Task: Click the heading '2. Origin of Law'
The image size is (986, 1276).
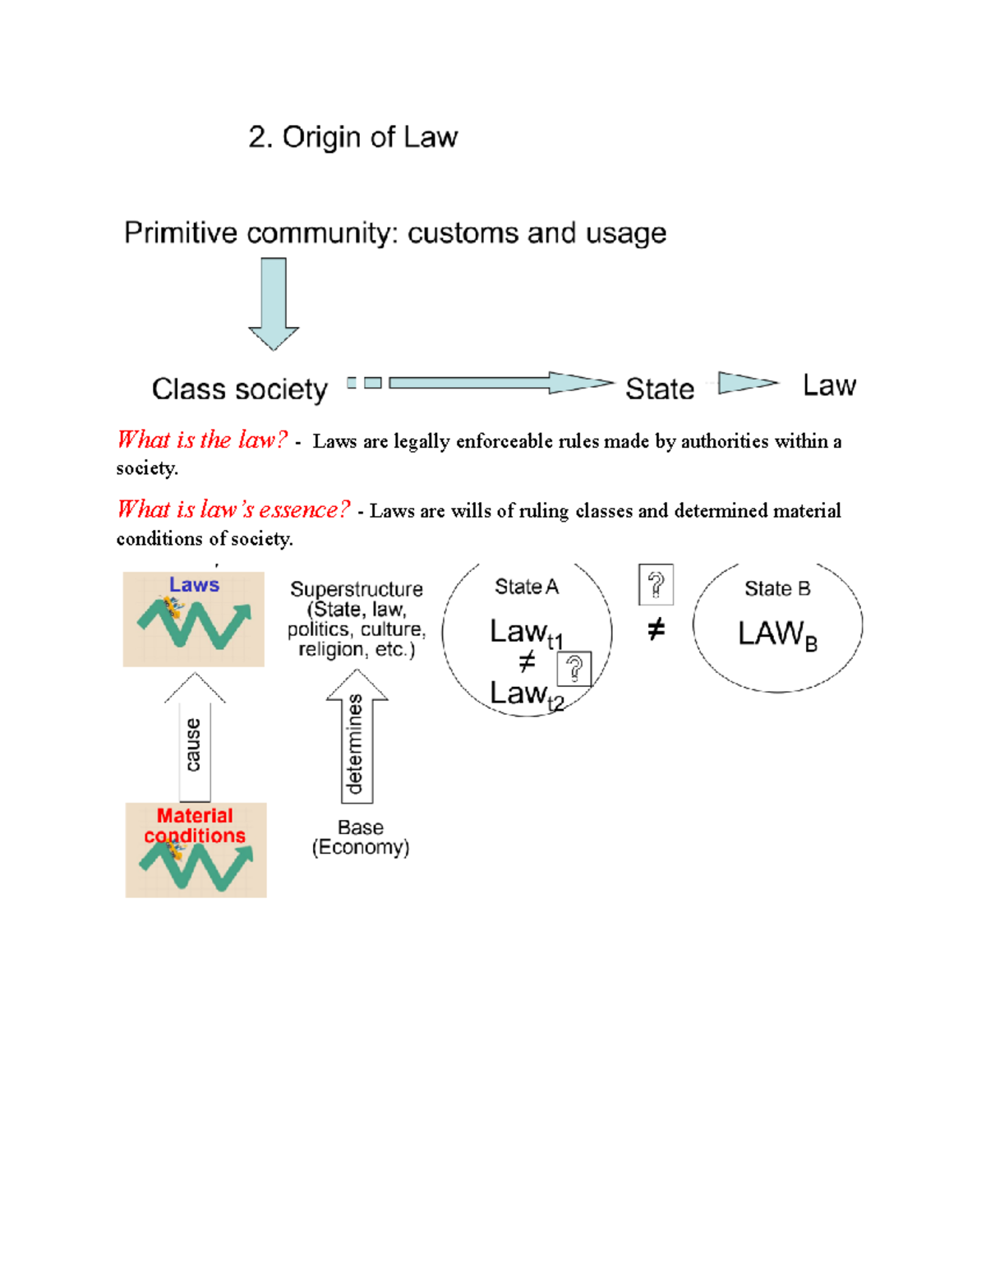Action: [352, 137]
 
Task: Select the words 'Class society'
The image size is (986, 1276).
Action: [239, 389]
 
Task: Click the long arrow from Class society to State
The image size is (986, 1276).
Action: [493, 383]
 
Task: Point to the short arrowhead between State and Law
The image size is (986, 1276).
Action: [746, 383]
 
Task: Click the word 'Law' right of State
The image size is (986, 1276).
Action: [829, 385]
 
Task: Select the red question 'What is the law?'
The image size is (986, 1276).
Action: [202, 440]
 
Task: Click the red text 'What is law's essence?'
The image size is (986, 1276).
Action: [233, 510]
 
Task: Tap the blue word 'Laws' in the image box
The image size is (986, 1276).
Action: [194, 585]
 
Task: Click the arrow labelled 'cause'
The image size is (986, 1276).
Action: [195, 739]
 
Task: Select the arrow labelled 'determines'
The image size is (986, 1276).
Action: [357, 739]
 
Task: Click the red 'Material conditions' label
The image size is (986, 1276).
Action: [195, 826]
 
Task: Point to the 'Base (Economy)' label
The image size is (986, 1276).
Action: [361, 837]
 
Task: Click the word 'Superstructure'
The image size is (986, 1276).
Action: [357, 589]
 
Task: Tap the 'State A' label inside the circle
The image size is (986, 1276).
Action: [526, 587]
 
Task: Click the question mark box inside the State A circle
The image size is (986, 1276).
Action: [574, 669]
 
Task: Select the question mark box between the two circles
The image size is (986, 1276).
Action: [656, 585]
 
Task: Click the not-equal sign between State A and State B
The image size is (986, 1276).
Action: [656, 630]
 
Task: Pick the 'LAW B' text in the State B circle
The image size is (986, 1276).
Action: [776, 634]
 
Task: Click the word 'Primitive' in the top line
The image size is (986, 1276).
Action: [180, 233]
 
